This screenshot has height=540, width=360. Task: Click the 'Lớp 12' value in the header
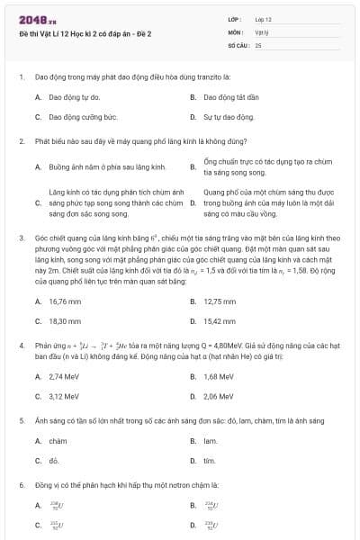264,18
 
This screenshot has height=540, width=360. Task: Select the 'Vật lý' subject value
262,31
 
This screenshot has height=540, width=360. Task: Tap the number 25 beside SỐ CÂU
258,43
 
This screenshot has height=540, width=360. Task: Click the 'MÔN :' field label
237,31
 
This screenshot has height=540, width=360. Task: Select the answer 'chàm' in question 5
58,441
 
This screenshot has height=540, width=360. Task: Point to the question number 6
21,485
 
